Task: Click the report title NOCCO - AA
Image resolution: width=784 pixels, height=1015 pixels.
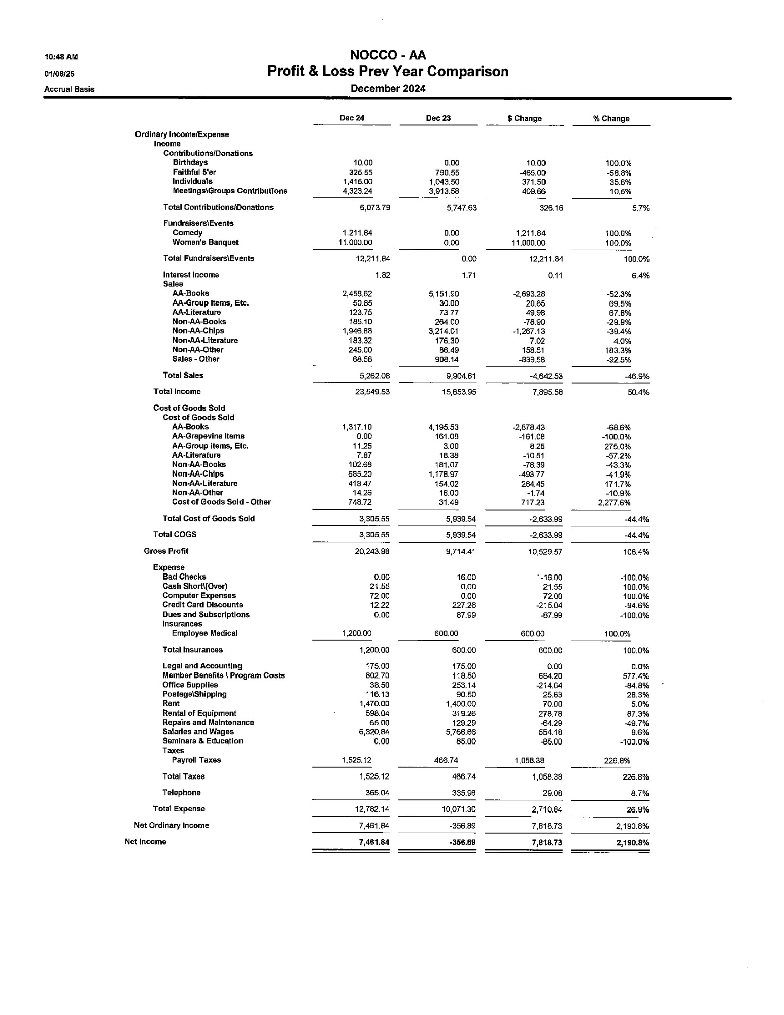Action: [x=388, y=55]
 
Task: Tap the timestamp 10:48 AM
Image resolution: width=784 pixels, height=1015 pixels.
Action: [x=61, y=57]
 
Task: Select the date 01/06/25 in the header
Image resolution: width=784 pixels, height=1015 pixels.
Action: [x=59, y=74]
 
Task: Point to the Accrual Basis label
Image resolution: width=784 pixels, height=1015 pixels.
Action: [x=69, y=89]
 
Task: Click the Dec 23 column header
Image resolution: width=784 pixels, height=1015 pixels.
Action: [x=438, y=118]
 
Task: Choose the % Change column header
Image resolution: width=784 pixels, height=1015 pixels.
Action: [x=611, y=119]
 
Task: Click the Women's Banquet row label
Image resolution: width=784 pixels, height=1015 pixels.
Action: [x=206, y=243]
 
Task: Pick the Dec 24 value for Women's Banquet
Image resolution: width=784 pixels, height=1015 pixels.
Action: [x=355, y=243]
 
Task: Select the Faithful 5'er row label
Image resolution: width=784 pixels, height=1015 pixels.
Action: [x=194, y=173]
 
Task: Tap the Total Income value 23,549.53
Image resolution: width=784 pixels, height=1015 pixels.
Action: [x=372, y=392]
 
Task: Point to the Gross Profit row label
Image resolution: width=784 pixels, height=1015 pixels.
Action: [x=166, y=551]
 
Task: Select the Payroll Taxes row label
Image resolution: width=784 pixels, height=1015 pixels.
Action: [x=196, y=760]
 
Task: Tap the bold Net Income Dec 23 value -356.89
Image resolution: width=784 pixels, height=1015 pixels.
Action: [x=462, y=842]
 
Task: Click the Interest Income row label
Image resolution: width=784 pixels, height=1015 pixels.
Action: [x=191, y=275]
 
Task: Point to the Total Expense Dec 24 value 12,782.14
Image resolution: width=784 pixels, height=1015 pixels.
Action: [x=372, y=809]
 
